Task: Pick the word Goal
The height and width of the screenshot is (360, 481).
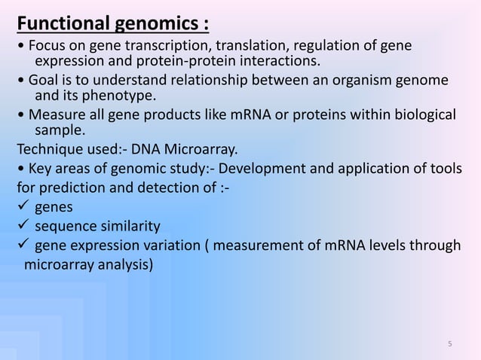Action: pyautogui.click(x=41, y=81)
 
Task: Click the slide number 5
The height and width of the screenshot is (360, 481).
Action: pyautogui.click(x=450, y=345)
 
